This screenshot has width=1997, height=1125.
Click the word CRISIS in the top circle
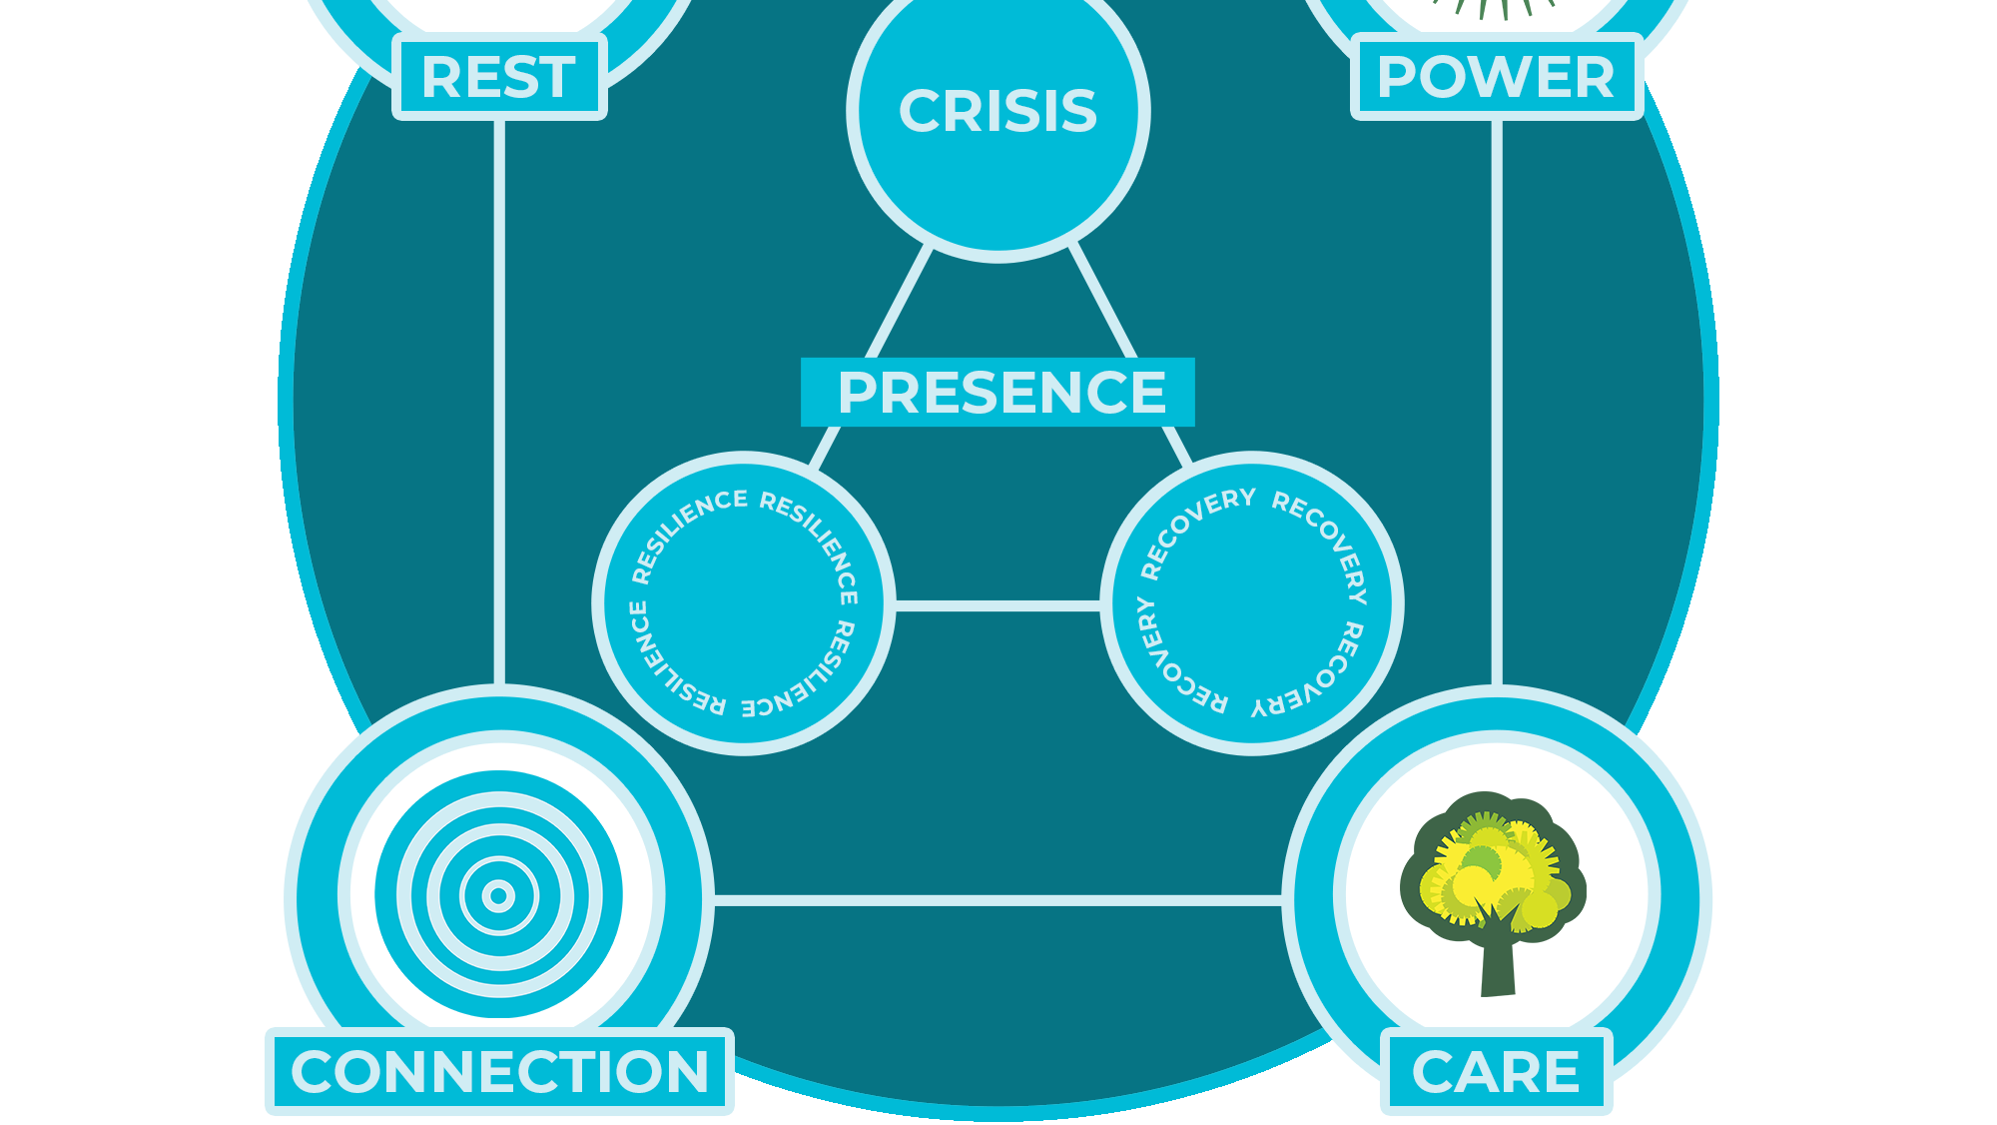998,110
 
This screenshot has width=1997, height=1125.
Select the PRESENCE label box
998,392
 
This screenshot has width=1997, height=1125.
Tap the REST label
499,77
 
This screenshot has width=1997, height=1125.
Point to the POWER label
1496,77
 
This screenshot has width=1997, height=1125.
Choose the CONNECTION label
499,1071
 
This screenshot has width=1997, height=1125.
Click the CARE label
1496,1071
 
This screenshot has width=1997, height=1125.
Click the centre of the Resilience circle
744,603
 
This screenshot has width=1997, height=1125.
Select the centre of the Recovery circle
1252,603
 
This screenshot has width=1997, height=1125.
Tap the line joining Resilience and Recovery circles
998,605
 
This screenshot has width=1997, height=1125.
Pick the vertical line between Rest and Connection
499,403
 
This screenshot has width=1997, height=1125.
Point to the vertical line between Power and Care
1497,403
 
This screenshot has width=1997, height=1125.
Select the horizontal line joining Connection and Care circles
998,901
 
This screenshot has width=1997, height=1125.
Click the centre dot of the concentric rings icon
498,895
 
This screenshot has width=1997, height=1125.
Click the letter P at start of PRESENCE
858,392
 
